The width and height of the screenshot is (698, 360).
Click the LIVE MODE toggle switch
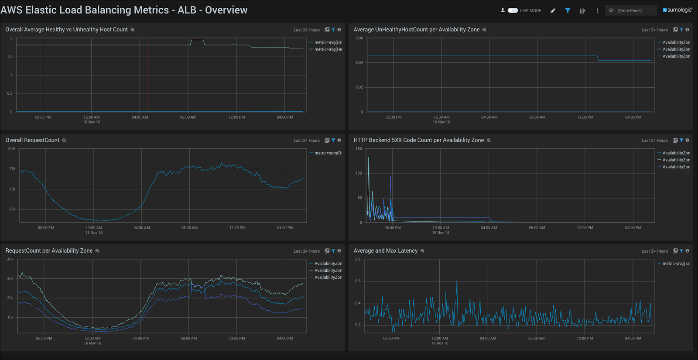pyautogui.click(x=513, y=10)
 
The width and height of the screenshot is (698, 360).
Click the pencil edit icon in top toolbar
pyautogui.click(x=553, y=11)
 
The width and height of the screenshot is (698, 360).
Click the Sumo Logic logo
pyautogui.click(x=677, y=10)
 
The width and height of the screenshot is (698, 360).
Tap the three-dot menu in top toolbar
pyautogui.click(x=597, y=11)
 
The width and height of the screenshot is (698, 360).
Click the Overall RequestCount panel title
pyautogui.click(x=32, y=140)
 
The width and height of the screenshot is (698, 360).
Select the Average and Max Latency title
pyautogui.click(x=385, y=250)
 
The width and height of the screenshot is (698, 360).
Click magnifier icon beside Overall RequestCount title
pyautogui.click(x=64, y=141)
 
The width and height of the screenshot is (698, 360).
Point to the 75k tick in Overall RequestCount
pyautogui.click(x=12, y=169)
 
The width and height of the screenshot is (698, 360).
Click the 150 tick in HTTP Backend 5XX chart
pyautogui.click(x=359, y=149)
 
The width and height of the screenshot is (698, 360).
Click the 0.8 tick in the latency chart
pyautogui.click(x=358, y=259)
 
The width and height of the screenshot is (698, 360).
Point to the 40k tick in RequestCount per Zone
pyautogui.click(x=10, y=259)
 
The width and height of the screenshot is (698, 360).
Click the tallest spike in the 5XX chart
pyautogui.click(x=369, y=158)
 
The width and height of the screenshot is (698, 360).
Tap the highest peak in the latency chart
pyautogui.click(x=457, y=281)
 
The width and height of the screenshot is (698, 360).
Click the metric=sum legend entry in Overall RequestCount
pyautogui.click(x=328, y=153)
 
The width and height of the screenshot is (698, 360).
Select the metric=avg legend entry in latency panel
pyautogui.click(x=676, y=264)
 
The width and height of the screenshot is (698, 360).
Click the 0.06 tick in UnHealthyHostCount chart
pyautogui.click(x=359, y=38)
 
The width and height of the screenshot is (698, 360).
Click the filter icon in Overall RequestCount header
pyautogui.click(x=333, y=141)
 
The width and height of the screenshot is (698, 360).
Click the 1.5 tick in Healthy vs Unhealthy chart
pyautogui.click(x=10, y=57)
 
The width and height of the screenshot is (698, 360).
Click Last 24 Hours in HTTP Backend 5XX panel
pyautogui.click(x=654, y=141)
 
